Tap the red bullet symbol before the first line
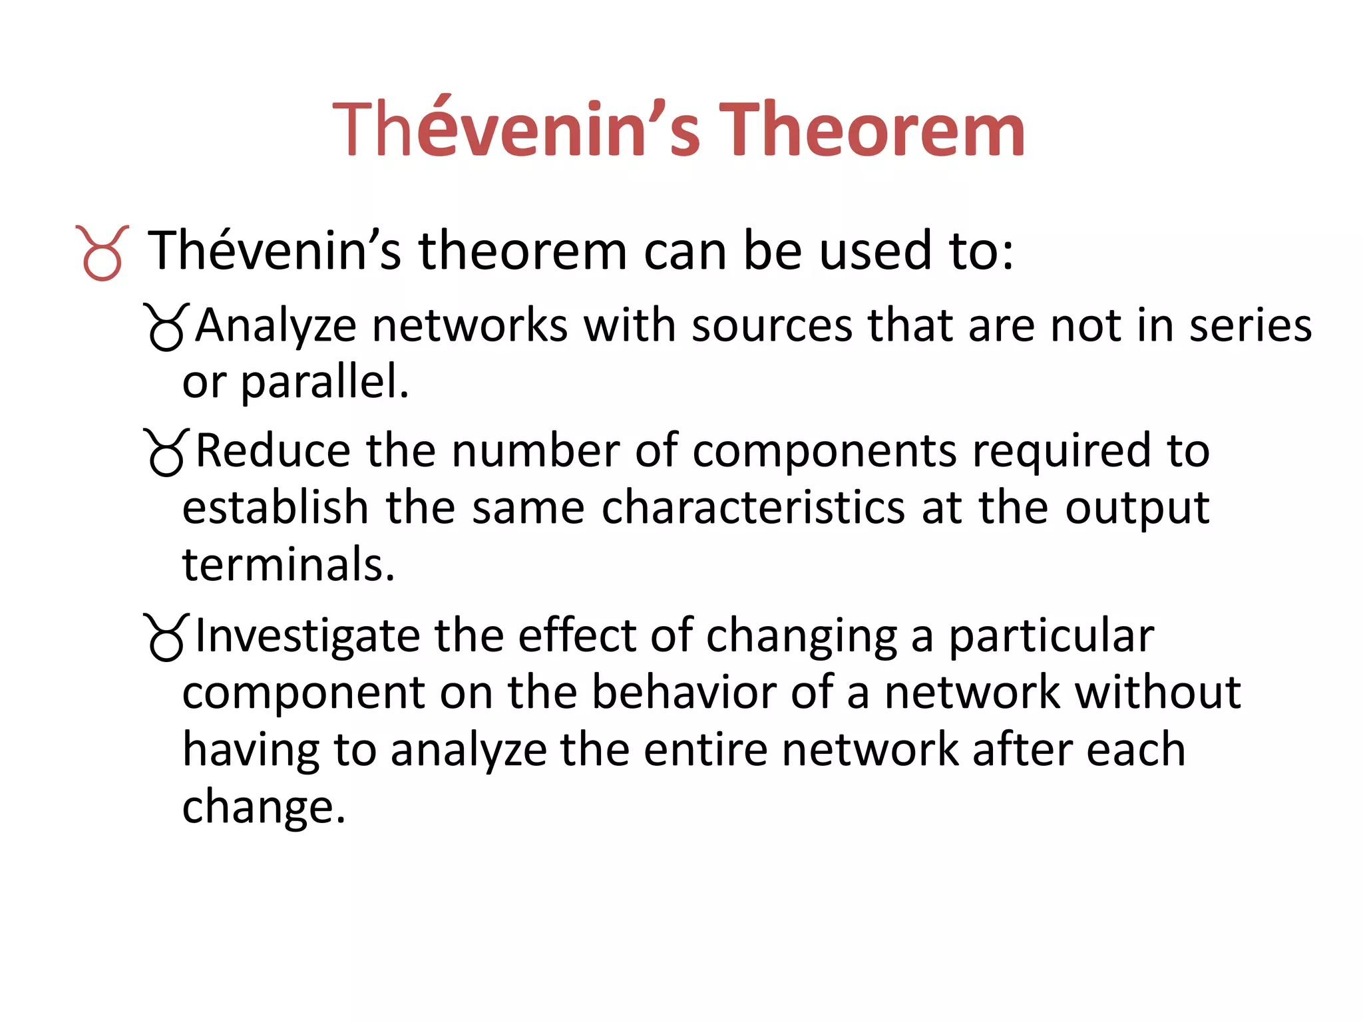(102, 254)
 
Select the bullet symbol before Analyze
(166, 327)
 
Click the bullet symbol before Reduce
(166, 452)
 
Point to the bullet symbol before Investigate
(166, 637)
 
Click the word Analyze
(276, 326)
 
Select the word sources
(772, 326)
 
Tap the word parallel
(324, 383)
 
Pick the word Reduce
(273, 451)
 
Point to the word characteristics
(753, 508)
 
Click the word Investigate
(307, 637)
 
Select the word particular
(1051, 637)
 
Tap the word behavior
(684, 693)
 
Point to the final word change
(264, 807)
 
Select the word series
(1251, 326)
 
